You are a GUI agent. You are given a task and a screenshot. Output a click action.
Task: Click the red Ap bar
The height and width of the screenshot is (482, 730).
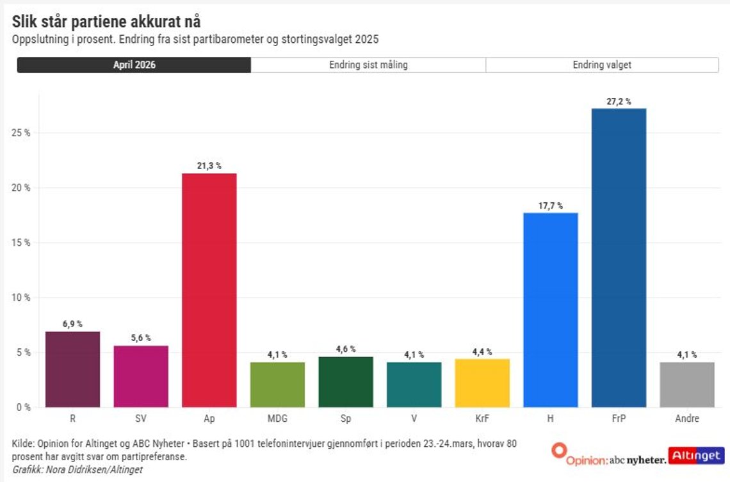point(209,291)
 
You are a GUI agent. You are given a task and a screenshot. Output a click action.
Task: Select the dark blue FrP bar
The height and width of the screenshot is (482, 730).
point(619,258)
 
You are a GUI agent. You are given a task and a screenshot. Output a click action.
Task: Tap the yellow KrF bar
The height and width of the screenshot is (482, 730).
point(482,383)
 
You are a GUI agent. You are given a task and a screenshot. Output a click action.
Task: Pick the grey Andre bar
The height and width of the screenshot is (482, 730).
point(687,385)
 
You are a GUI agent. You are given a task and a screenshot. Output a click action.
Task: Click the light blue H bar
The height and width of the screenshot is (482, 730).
point(551,310)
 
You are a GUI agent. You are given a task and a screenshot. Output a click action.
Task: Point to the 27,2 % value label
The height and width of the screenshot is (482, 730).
point(619,101)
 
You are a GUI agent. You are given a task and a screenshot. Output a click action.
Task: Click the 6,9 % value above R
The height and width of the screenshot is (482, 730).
point(72,324)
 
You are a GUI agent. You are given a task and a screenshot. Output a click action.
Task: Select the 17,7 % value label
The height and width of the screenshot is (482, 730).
point(551,205)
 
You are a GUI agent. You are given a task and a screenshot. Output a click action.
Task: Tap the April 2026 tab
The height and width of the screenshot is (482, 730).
point(134,65)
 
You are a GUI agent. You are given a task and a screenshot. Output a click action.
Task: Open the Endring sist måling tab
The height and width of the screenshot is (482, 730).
point(368,65)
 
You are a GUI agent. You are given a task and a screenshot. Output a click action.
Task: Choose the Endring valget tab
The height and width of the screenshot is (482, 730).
point(602,65)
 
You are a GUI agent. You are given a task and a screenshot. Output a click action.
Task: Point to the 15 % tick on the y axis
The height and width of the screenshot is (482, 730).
point(21,243)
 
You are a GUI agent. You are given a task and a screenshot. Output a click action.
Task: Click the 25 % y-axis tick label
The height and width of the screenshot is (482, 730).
point(21,133)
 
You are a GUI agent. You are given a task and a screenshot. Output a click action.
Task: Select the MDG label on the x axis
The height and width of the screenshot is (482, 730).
point(277,418)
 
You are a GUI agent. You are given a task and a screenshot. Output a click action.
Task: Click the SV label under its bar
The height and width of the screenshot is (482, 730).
point(141,418)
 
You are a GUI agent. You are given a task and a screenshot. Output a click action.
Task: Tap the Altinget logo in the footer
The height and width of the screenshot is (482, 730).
point(697,456)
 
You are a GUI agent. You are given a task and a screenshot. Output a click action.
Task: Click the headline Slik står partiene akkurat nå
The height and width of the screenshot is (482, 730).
point(106,21)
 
